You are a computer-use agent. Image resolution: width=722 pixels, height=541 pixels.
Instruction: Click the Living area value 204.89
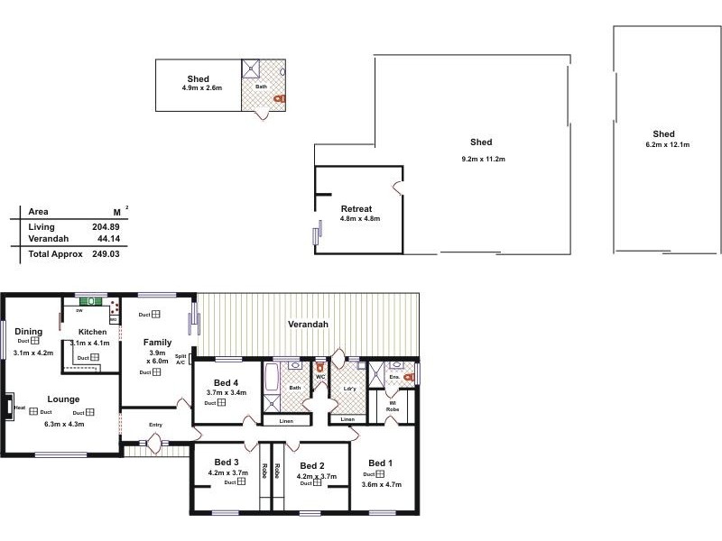point(106,226)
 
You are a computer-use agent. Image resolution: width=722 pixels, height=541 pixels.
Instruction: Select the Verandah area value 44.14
point(108,239)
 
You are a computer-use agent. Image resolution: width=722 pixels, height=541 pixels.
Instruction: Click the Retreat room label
point(356,208)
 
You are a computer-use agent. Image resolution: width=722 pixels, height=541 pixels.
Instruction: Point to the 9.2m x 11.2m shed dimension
point(481,159)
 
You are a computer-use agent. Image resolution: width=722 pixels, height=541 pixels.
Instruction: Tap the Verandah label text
point(308,324)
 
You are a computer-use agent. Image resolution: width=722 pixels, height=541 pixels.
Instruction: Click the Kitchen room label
point(92,332)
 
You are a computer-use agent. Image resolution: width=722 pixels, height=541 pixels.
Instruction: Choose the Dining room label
point(28,331)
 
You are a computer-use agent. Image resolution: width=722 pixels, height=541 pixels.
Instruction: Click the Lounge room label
point(64,399)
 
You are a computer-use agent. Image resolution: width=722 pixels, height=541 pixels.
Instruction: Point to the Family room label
point(158,342)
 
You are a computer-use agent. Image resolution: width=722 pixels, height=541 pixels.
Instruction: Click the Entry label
point(156,425)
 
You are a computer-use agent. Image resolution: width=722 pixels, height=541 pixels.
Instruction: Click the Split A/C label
point(180,359)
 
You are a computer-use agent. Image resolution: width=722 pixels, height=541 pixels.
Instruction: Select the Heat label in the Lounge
point(20,407)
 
